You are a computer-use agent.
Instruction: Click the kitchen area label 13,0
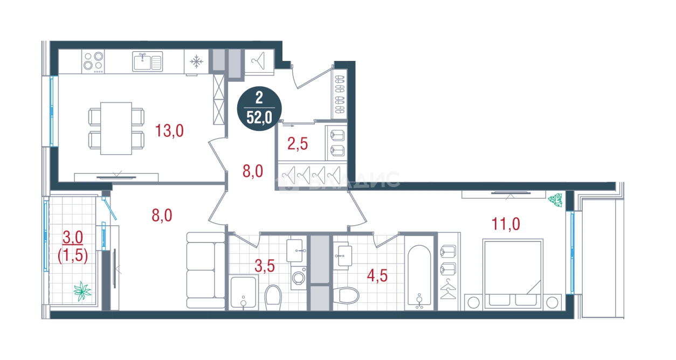tap(169, 131)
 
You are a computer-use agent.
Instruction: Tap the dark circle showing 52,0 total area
tap(259, 109)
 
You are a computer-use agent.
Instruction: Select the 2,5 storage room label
tap(298, 144)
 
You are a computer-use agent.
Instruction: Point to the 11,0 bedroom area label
tap(506, 224)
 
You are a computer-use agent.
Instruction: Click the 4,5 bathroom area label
tap(377, 275)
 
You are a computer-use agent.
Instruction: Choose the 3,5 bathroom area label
tap(265, 266)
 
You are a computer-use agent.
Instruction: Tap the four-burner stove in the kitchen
tap(93, 61)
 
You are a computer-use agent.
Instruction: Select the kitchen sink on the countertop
tap(147, 61)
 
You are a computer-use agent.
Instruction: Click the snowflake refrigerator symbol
tap(196, 62)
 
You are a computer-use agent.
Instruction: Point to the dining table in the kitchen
tap(116, 129)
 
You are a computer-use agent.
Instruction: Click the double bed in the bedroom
tap(513, 274)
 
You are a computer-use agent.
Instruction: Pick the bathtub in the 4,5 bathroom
tap(419, 276)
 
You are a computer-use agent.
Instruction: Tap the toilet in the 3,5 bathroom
tap(273, 297)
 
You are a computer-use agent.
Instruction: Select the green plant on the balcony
tap(82, 291)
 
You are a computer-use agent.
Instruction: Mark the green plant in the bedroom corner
tap(555, 200)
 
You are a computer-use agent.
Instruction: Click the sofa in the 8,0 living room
tap(205, 271)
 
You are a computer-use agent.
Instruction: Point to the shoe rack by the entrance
tap(340, 94)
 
